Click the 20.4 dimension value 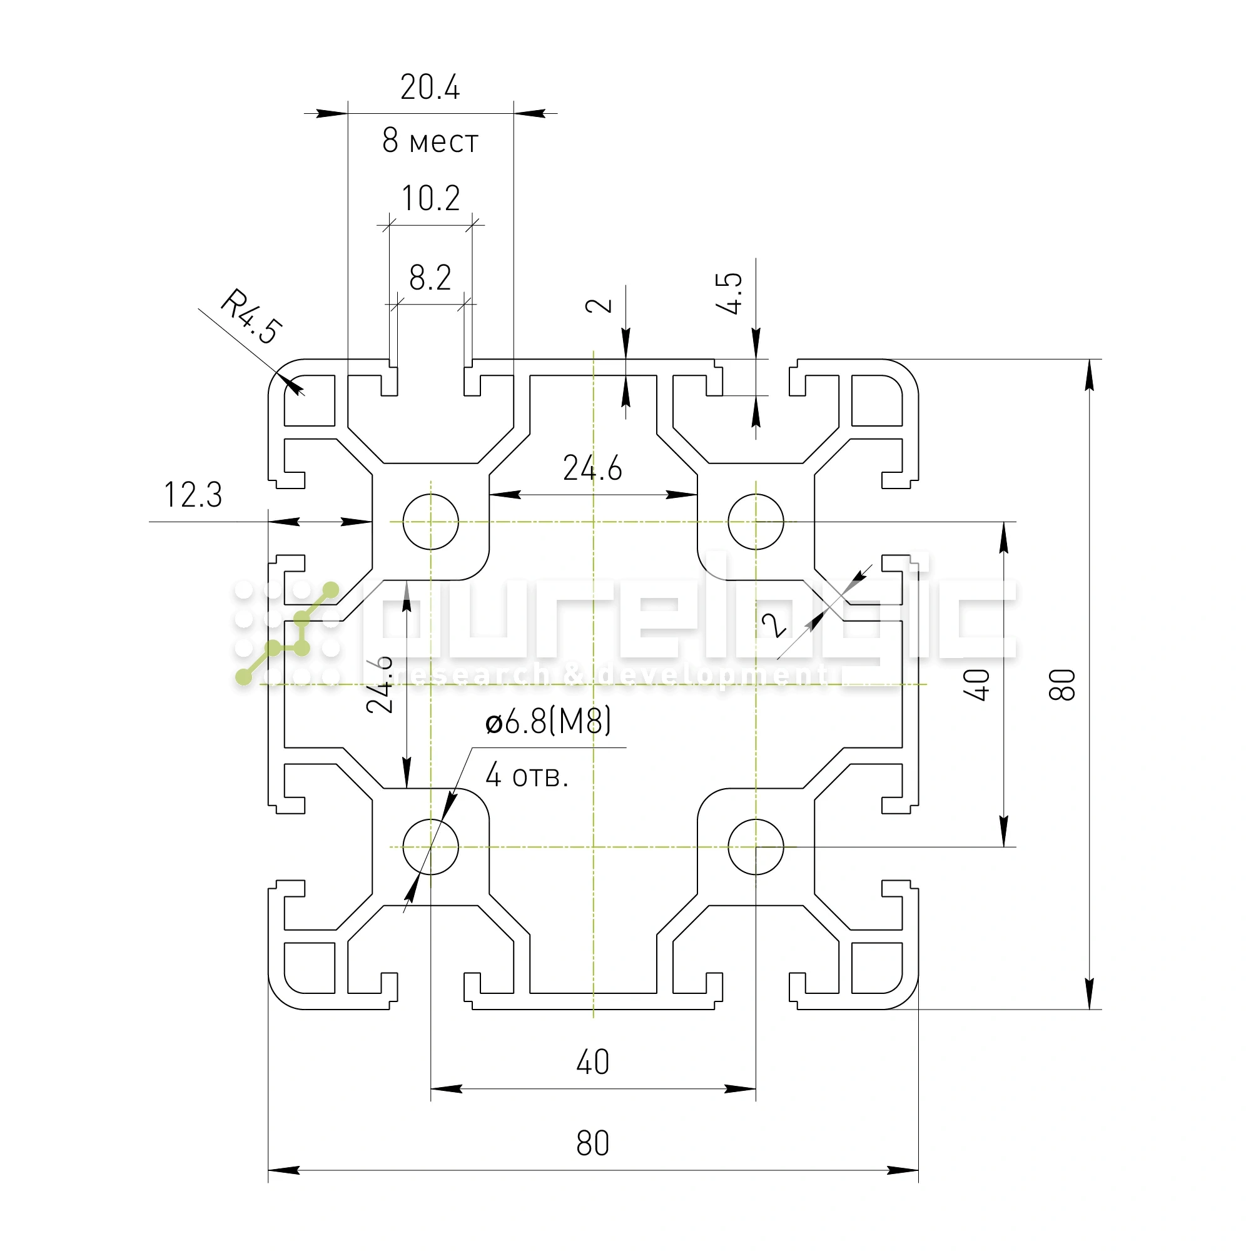(430, 88)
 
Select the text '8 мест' (430, 141)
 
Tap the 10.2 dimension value (430, 198)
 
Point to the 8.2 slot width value (430, 278)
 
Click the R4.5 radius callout (251, 317)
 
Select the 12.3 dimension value (193, 495)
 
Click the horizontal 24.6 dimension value (592, 468)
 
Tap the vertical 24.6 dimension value (380, 684)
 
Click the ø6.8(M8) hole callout (548, 721)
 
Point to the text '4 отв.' (527, 775)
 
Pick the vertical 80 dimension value (1063, 684)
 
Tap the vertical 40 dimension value (977, 684)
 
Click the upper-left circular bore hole (430, 521)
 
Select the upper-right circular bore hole (756, 521)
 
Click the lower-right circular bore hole (756, 846)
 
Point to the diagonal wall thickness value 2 (774, 625)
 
